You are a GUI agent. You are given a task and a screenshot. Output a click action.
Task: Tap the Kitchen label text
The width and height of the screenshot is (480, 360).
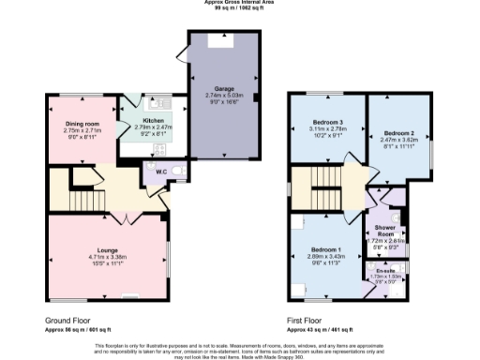point(153,121)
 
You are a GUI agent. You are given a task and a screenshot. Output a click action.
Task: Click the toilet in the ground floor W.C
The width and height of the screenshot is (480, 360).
point(177,171)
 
